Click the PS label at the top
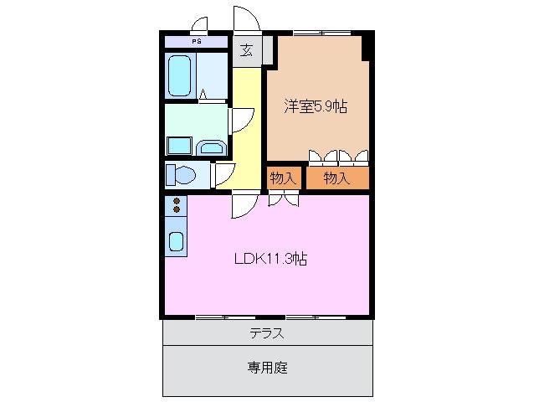(x=196, y=40)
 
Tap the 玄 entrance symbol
(x=247, y=50)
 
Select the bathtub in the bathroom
(x=181, y=76)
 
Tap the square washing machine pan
(x=179, y=146)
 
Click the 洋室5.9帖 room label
(x=316, y=106)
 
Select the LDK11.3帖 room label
(x=270, y=259)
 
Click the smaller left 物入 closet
(x=283, y=178)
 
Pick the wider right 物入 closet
(x=336, y=178)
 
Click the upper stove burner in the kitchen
(x=177, y=201)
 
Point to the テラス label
(x=266, y=333)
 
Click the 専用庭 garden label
(x=268, y=367)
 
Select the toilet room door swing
(x=222, y=173)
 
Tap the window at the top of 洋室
(x=321, y=33)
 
